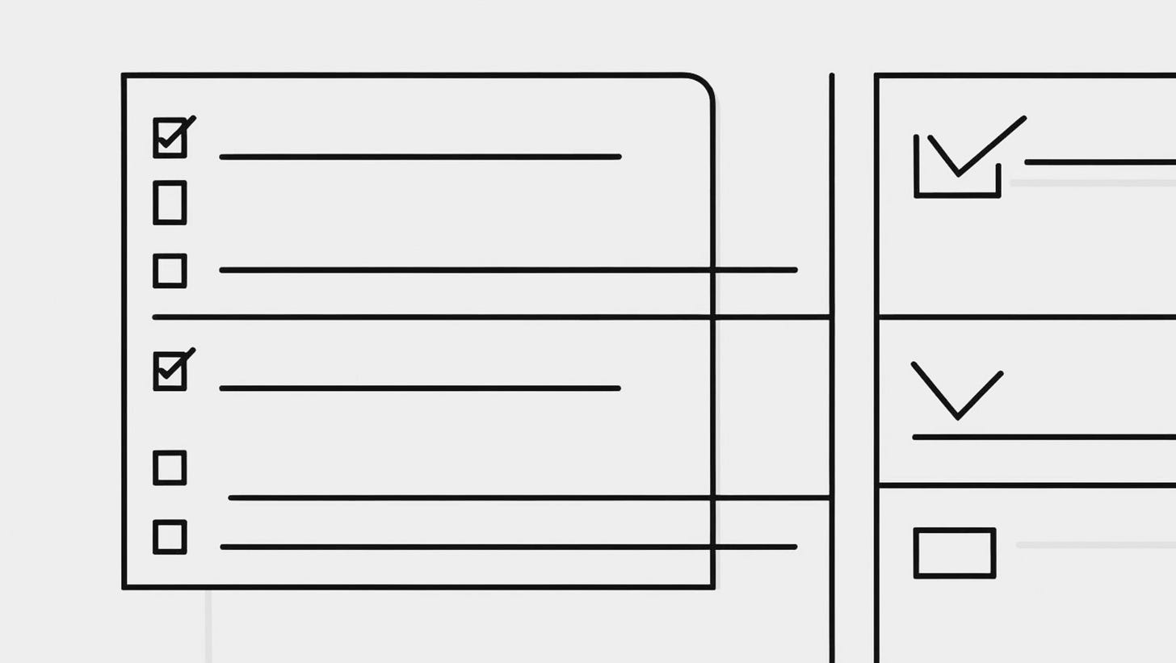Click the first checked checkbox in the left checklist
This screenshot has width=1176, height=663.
(x=170, y=137)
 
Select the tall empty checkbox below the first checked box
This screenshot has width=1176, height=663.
(x=170, y=202)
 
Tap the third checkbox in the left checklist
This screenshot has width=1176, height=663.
(x=170, y=271)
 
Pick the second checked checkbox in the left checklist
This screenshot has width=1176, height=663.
(x=170, y=371)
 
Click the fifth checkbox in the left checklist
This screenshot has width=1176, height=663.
(x=170, y=468)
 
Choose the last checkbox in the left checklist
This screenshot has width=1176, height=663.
(x=170, y=537)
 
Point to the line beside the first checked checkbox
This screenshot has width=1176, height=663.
(x=420, y=157)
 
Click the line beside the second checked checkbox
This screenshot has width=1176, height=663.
(x=420, y=388)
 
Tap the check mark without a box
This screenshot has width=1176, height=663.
(x=957, y=392)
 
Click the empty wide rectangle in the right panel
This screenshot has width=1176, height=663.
(x=954, y=553)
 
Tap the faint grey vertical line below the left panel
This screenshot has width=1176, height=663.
(x=208, y=626)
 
